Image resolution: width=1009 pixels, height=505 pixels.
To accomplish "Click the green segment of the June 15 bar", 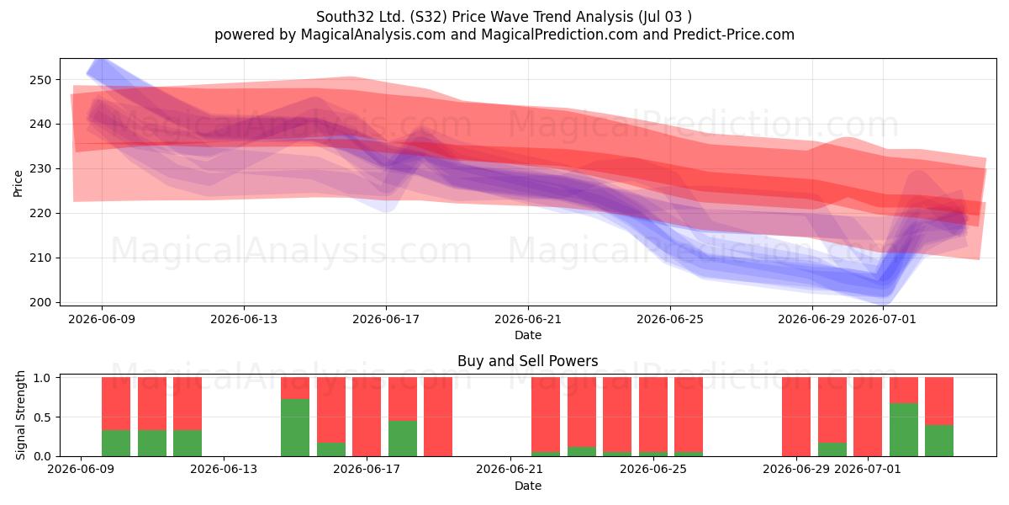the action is [x=295, y=428].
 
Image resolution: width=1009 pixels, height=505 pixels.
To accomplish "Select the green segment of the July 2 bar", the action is [x=904, y=429].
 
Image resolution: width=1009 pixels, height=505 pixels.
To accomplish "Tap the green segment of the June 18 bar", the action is [x=403, y=439].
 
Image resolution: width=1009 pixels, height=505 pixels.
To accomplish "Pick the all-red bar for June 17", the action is [x=367, y=417].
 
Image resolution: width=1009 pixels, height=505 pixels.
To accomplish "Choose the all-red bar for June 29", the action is [x=796, y=417].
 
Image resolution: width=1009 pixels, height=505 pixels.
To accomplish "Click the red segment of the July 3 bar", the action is [x=939, y=401].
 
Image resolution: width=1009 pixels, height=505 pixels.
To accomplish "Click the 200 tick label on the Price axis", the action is [x=41, y=302].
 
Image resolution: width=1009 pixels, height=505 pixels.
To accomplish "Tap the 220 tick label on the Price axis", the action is [x=41, y=213].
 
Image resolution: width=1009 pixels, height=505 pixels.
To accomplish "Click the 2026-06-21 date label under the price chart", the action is [x=528, y=320].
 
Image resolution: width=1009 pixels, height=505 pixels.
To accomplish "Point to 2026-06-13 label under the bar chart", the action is [x=224, y=470].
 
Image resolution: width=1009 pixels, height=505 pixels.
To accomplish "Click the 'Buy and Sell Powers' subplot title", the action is [x=528, y=361].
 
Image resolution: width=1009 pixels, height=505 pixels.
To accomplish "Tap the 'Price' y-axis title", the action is [x=18, y=183].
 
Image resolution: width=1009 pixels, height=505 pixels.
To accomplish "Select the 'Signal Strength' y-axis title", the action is [x=20, y=415].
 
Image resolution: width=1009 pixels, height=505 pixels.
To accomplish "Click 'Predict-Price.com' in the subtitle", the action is [x=734, y=35].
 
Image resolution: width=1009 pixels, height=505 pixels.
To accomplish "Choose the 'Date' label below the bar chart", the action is [x=528, y=486].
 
